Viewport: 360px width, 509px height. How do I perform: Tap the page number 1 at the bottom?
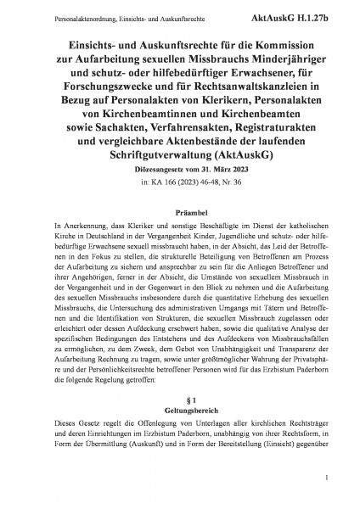[326, 487]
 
